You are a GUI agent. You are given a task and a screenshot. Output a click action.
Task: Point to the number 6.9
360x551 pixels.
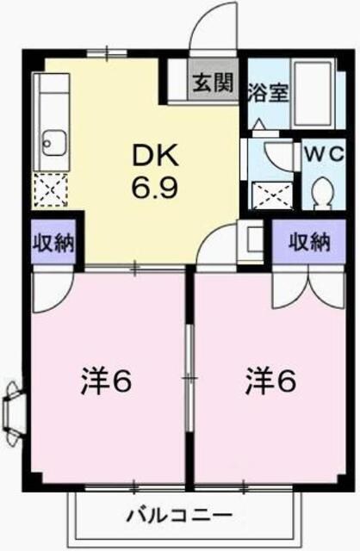pos(155,187)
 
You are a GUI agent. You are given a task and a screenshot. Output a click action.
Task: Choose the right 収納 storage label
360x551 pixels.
pos(308,242)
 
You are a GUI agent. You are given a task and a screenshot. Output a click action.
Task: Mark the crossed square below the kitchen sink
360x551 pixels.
pos(50,189)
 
